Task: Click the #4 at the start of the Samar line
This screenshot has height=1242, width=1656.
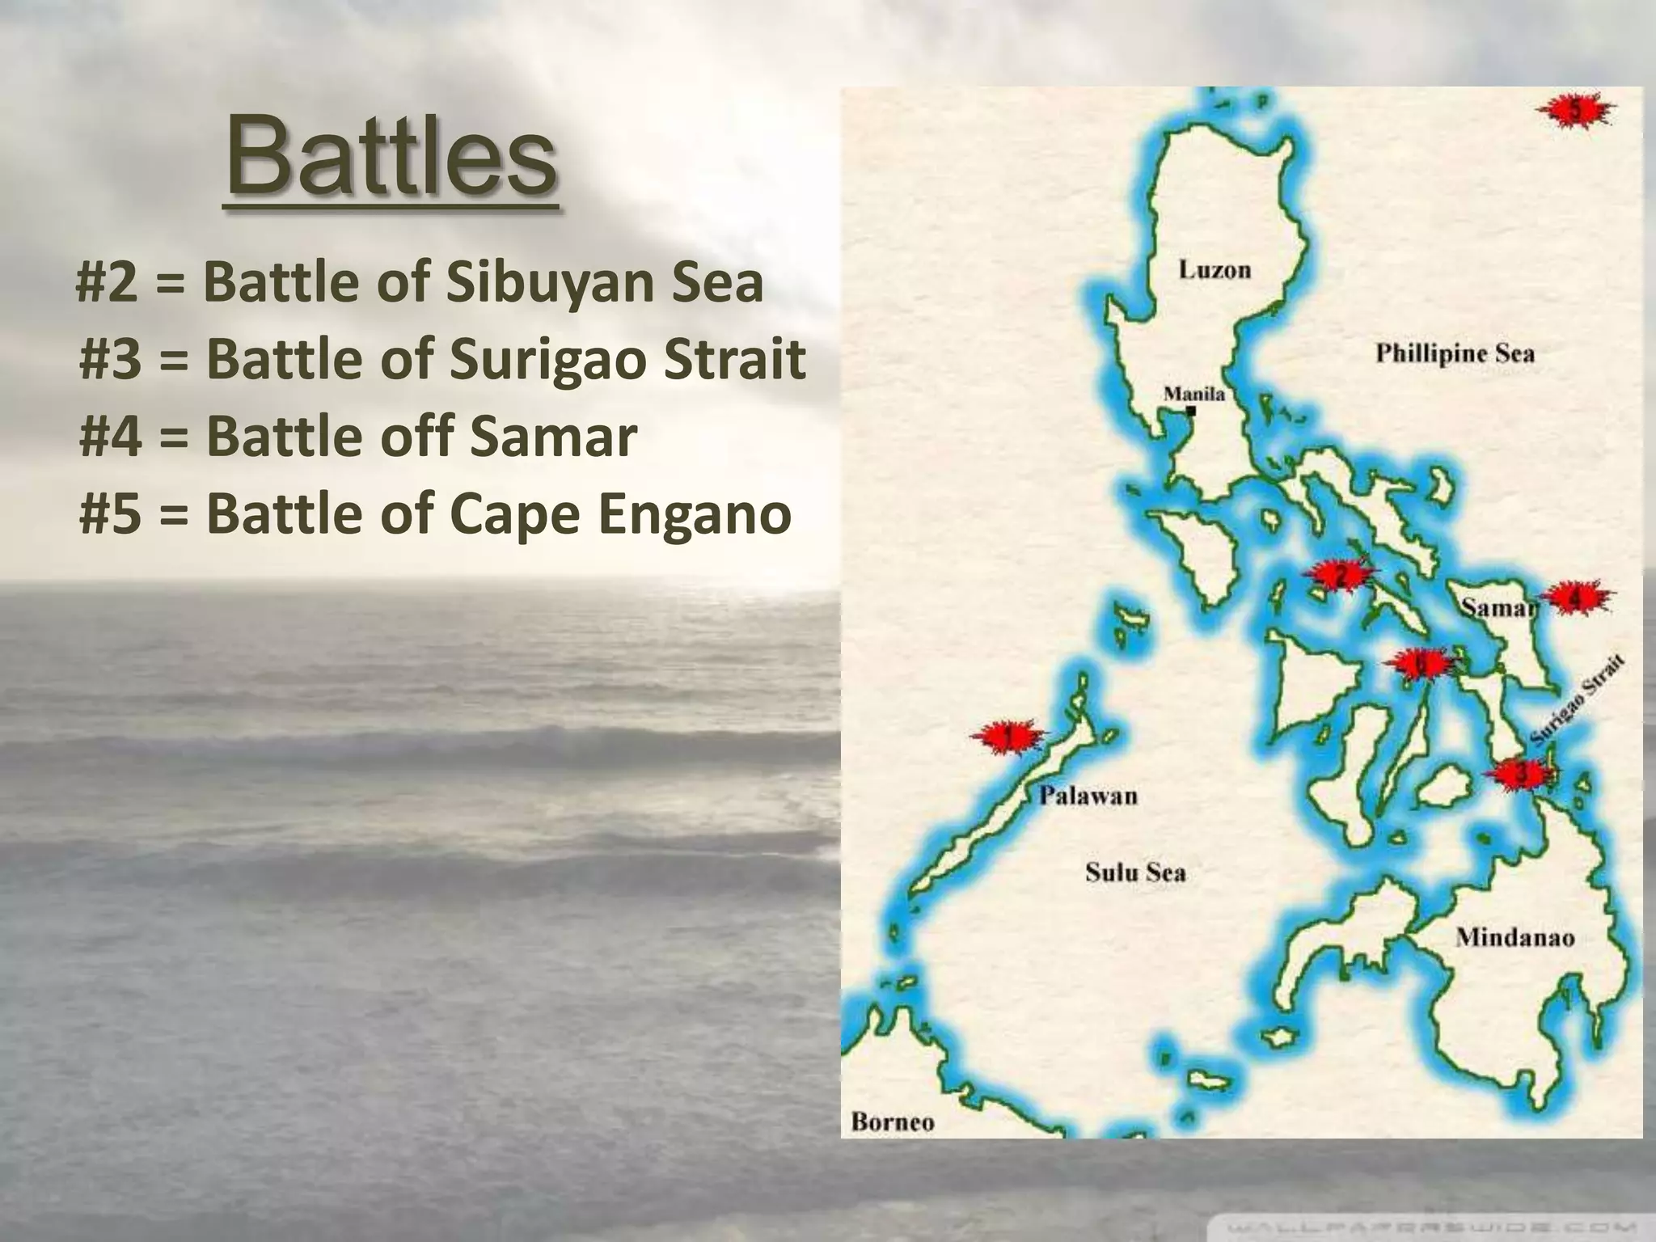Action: [x=111, y=437]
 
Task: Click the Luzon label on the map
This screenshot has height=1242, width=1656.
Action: [x=1215, y=269]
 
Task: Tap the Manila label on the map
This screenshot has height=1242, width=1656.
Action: [x=1193, y=394]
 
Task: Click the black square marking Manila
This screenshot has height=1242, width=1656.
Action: [x=1190, y=411]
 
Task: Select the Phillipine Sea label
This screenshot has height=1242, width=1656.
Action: [x=1455, y=353]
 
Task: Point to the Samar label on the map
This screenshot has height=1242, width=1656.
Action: [x=1496, y=607]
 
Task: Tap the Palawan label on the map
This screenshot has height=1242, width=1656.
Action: [x=1088, y=796]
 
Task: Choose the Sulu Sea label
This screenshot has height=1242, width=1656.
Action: [x=1135, y=872]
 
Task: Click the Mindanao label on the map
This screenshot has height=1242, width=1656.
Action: [x=1514, y=937]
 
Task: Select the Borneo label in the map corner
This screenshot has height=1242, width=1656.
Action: [x=893, y=1122]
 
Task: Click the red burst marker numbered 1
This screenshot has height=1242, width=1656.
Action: [x=1007, y=737]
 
